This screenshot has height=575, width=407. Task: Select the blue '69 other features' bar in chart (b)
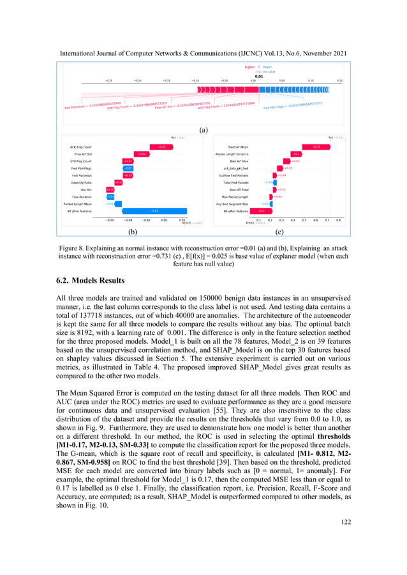(x=155, y=210)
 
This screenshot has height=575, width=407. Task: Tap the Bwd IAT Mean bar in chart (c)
(x=316, y=146)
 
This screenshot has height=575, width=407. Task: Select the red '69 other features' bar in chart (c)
(x=261, y=210)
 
